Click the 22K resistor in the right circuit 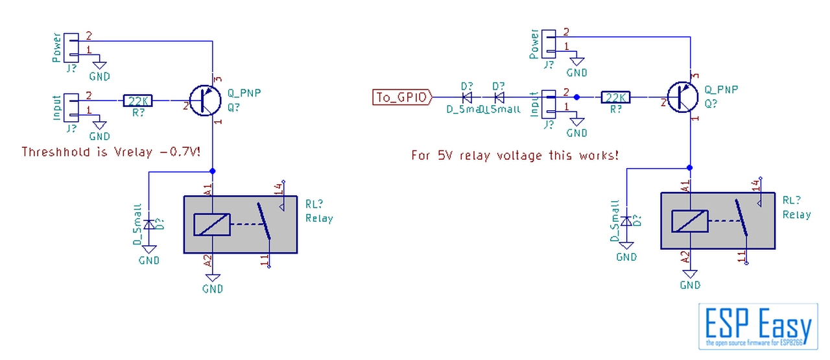click(615, 97)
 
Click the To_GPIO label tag click(402, 97)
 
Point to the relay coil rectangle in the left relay click(212, 224)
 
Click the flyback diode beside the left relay click(149, 224)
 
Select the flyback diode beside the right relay click(626, 221)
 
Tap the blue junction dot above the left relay click(212, 172)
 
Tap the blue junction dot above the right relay click(690, 168)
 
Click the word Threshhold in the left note click(54, 152)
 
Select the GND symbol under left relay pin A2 click(213, 280)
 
